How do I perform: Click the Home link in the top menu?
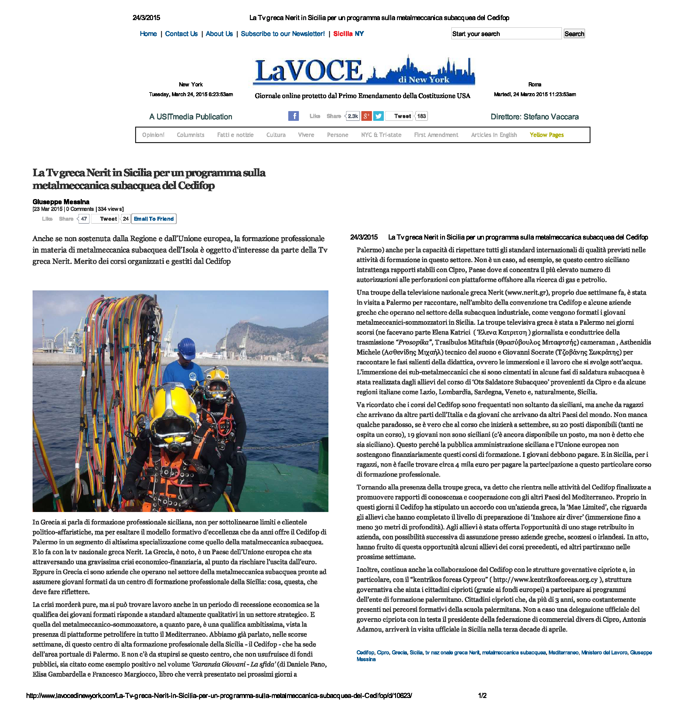[x=148, y=34]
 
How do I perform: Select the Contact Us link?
[x=181, y=34]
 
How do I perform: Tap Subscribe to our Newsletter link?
[x=282, y=34]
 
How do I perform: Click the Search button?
[x=574, y=34]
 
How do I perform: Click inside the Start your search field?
[x=506, y=34]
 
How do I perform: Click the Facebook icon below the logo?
[x=293, y=116]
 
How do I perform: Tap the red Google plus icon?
[x=366, y=116]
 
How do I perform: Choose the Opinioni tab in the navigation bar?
[x=153, y=135]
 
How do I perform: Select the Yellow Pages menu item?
[x=546, y=135]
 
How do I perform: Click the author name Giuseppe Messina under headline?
[x=61, y=202]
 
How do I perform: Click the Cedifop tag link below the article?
[x=365, y=653]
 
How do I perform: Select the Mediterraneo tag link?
[x=563, y=653]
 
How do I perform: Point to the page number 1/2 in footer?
[x=482, y=696]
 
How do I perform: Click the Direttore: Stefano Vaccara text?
[x=535, y=117]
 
